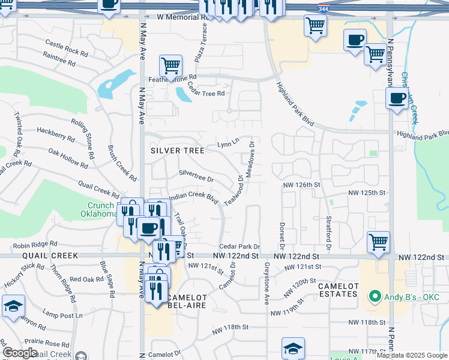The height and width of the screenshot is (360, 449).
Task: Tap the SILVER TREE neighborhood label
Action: pos(177,151)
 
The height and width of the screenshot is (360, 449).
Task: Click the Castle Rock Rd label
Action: pos(66,46)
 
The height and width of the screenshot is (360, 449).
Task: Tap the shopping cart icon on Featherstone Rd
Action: pos(170,65)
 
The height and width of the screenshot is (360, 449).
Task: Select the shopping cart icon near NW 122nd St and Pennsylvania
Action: pos(378,242)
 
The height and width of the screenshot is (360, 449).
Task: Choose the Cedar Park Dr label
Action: pos(239,246)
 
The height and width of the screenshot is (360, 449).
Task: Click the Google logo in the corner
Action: pos(20,353)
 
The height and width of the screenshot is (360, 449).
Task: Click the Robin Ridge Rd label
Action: pos(35,245)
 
